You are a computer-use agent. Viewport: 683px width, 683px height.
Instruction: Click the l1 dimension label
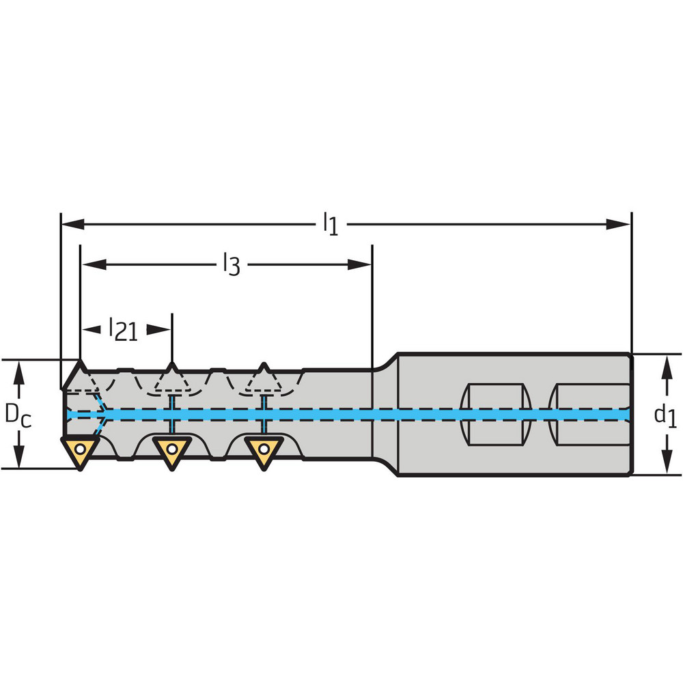[331, 224]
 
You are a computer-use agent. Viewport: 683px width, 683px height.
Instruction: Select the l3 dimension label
[232, 264]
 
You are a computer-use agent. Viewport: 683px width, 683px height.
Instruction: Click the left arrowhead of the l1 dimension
[72, 225]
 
